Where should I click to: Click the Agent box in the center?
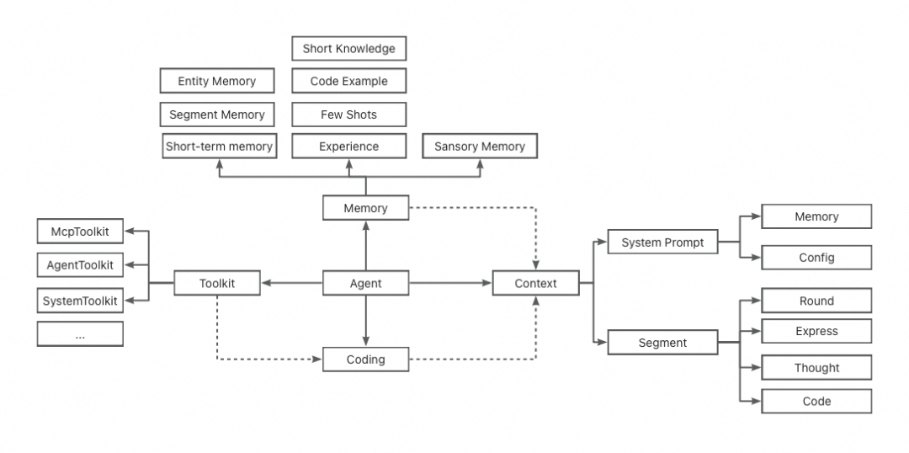(366, 284)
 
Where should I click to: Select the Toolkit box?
(217, 284)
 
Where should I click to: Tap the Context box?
(535, 284)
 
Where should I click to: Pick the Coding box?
(366, 360)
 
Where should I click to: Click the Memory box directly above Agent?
(366, 208)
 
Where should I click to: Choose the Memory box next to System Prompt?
(816, 216)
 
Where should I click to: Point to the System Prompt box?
(662, 242)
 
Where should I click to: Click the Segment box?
(662, 343)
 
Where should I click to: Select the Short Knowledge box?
(348, 49)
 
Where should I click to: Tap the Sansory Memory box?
(479, 147)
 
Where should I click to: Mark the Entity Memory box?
(216, 82)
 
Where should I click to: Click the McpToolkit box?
(80, 230)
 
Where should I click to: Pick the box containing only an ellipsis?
(80, 334)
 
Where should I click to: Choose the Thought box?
(816, 368)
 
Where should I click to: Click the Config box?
(816, 258)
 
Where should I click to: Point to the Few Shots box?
(348, 115)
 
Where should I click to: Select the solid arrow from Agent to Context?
(450, 284)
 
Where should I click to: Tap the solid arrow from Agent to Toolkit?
(291, 284)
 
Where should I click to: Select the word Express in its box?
(816, 332)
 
